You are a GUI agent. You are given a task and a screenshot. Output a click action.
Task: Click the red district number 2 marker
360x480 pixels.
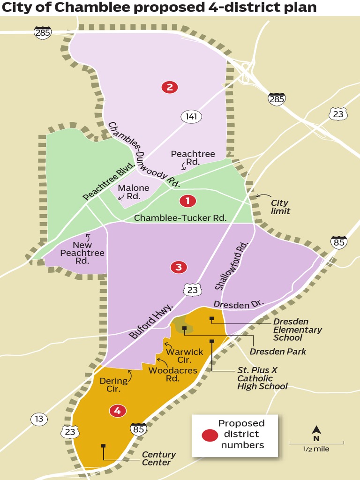tap(169, 87)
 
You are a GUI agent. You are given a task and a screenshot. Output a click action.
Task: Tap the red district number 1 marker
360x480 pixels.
tap(188, 201)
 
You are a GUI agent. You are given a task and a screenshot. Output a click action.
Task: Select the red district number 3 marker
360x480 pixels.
tap(178, 267)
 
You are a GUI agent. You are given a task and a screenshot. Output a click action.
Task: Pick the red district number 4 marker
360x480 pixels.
tap(117, 411)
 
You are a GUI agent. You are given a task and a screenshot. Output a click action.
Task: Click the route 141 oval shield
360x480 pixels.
tap(191, 117)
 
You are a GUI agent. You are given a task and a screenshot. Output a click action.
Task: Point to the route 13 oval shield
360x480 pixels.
tap(39, 419)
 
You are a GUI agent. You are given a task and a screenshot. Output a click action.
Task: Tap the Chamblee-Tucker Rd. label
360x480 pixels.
tap(180, 218)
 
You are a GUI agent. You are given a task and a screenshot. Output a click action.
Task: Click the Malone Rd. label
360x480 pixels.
tap(134, 192)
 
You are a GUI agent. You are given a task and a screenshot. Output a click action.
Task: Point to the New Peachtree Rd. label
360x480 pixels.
tap(82, 253)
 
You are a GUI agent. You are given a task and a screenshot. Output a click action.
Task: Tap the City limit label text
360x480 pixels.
tap(280, 207)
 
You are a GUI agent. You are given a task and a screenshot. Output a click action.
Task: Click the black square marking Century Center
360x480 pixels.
tap(103, 446)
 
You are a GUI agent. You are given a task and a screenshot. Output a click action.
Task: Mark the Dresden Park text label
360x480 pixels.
tap(277, 352)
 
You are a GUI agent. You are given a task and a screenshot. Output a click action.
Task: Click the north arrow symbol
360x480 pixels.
tap(316, 430)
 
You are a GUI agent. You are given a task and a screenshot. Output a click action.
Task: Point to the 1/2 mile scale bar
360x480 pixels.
tap(316, 443)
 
